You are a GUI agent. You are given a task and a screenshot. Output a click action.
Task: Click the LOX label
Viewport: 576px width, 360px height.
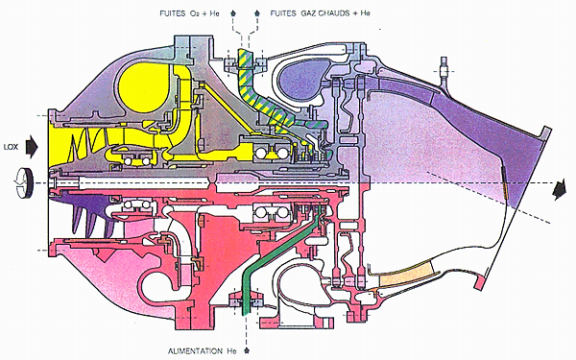(x=11, y=147)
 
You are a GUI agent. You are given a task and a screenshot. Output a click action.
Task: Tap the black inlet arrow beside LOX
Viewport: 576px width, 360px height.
(x=32, y=147)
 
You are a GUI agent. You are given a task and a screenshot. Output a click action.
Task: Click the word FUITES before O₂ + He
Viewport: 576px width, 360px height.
(x=172, y=13)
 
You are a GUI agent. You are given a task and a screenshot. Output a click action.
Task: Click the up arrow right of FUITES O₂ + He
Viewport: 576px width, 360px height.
(x=232, y=13)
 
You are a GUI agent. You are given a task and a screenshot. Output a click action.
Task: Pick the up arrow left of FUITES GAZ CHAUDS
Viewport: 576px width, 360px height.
(x=257, y=13)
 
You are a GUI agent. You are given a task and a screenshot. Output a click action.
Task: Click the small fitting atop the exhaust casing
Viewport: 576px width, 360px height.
(x=444, y=69)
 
